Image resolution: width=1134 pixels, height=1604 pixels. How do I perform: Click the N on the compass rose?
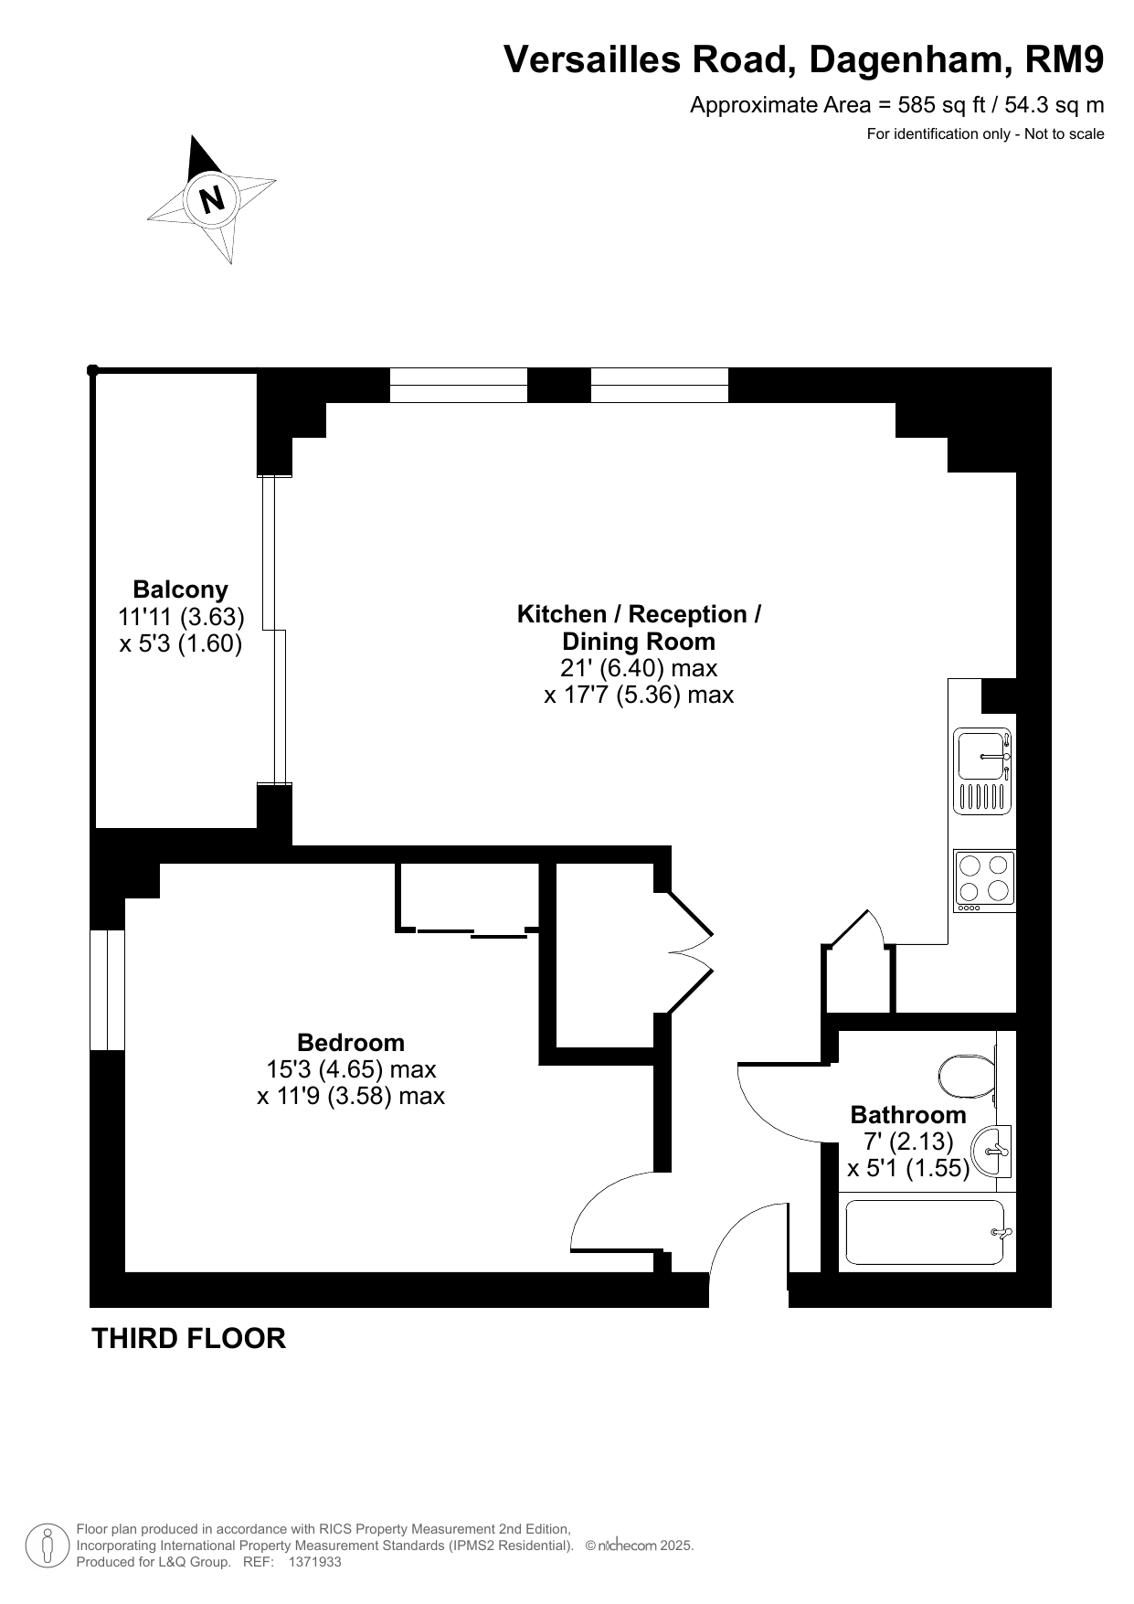click(x=212, y=198)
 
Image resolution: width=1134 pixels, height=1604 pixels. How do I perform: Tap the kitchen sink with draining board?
click(x=982, y=770)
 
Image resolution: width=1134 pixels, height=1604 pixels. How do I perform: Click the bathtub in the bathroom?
click(x=927, y=1232)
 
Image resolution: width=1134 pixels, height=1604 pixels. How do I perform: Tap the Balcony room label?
click(x=180, y=590)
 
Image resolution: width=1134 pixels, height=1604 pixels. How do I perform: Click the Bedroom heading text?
click(x=351, y=1042)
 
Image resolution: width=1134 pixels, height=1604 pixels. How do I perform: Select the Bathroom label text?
click(x=908, y=1114)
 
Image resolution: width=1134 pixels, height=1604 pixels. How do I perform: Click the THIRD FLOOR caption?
click(x=189, y=1338)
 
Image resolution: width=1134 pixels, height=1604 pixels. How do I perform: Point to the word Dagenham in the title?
click(x=910, y=60)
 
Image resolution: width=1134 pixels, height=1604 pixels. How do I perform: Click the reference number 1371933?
click(x=314, y=1562)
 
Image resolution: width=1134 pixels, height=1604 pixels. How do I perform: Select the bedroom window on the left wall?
click(x=107, y=990)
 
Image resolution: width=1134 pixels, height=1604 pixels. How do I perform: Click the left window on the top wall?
click(x=459, y=385)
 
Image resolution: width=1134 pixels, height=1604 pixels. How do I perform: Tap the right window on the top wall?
click(x=660, y=385)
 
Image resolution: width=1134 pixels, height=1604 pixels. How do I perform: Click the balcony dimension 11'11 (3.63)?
click(x=181, y=617)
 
